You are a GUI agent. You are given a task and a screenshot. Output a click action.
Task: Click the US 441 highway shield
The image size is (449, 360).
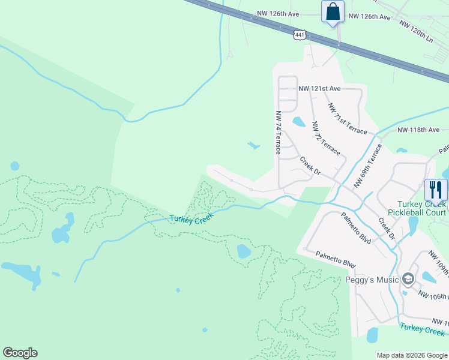click(x=300, y=34)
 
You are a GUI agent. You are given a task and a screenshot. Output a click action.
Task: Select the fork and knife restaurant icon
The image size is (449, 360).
click(x=435, y=190)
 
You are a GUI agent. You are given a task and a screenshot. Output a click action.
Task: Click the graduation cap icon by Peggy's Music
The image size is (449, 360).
click(x=408, y=280)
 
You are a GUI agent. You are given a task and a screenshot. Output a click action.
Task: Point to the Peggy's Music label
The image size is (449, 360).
click(x=372, y=280)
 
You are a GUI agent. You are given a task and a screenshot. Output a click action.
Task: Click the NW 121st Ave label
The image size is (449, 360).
click(x=319, y=89)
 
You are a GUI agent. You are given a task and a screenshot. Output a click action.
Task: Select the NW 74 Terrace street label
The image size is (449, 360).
click(x=278, y=133)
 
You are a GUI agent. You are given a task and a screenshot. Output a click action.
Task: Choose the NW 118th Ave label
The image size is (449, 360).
click(x=418, y=130)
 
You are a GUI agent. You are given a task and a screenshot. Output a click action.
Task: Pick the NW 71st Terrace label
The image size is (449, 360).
click(x=347, y=118)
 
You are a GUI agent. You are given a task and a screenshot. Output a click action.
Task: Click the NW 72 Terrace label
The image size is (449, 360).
click(x=326, y=138)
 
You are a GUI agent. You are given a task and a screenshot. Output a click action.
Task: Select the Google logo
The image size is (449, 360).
click(x=20, y=353)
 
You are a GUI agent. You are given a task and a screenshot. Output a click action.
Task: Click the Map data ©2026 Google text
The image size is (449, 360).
click(x=411, y=355)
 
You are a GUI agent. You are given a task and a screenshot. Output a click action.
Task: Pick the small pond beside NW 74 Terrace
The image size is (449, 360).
click(x=298, y=122)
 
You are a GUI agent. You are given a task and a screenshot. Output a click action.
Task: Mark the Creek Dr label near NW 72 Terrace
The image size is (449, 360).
click(x=310, y=166)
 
